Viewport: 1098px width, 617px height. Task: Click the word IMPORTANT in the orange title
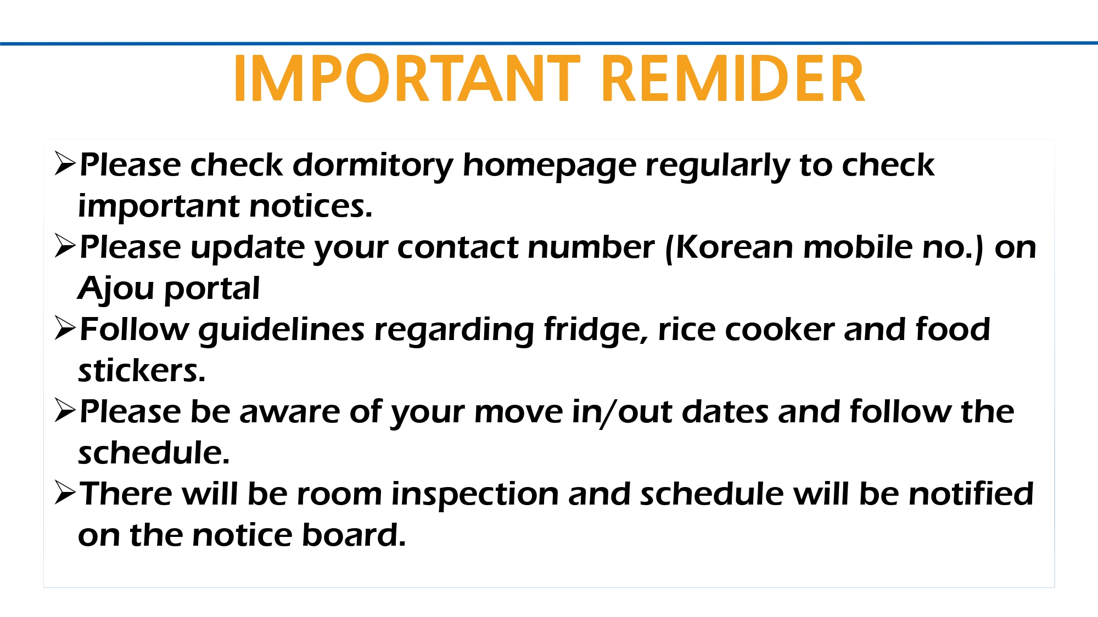(x=407, y=78)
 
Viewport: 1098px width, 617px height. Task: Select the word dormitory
(x=373, y=166)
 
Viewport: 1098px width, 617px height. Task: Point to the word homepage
(x=550, y=166)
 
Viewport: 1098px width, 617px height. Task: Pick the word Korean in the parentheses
(x=734, y=247)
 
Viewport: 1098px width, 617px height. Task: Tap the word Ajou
(x=116, y=289)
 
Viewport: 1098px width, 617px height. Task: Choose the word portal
(x=212, y=289)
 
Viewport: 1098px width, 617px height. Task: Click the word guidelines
(x=282, y=330)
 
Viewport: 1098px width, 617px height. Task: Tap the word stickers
(x=142, y=371)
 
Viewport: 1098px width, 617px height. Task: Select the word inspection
(x=475, y=495)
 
